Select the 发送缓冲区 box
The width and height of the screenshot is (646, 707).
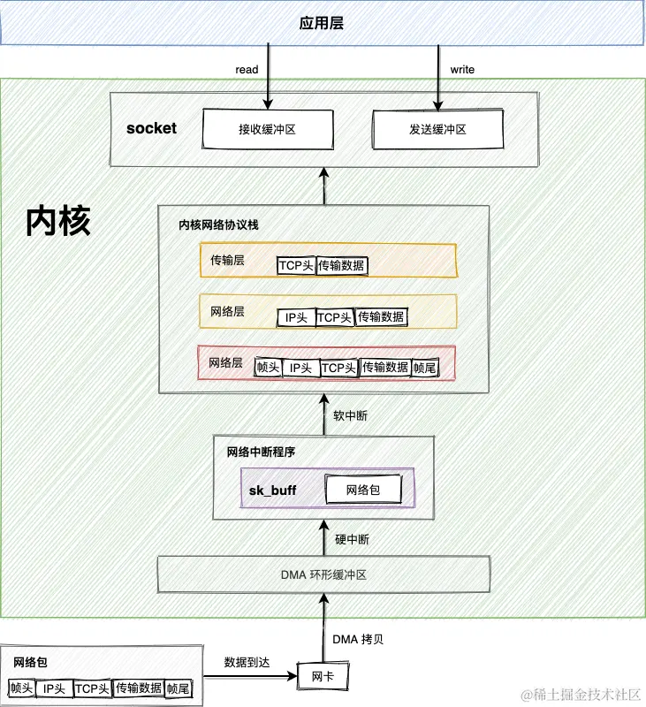click(x=437, y=129)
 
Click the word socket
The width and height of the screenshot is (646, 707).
click(x=151, y=128)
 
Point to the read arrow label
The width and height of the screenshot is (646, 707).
click(x=247, y=68)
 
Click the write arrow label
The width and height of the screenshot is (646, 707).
click(x=462, y=68)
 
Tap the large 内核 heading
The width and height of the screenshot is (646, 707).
click(x=58, y=221)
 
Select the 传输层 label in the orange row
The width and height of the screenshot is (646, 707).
click(x=227, y=261)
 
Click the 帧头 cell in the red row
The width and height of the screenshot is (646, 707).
click(x=268, y=368)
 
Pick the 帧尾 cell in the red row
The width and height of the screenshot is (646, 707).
click(x=425, y=368)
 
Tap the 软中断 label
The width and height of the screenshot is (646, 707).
click(x=349, y=415)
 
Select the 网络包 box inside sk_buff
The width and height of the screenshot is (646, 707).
click(x=362, y=489)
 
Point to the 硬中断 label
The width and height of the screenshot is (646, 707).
click(x=351, y=537)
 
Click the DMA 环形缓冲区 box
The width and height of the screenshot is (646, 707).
click(x=323, y=574)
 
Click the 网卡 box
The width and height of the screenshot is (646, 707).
click(x=323, y=677)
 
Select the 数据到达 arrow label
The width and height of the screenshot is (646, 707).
click(x=248, y=661)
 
